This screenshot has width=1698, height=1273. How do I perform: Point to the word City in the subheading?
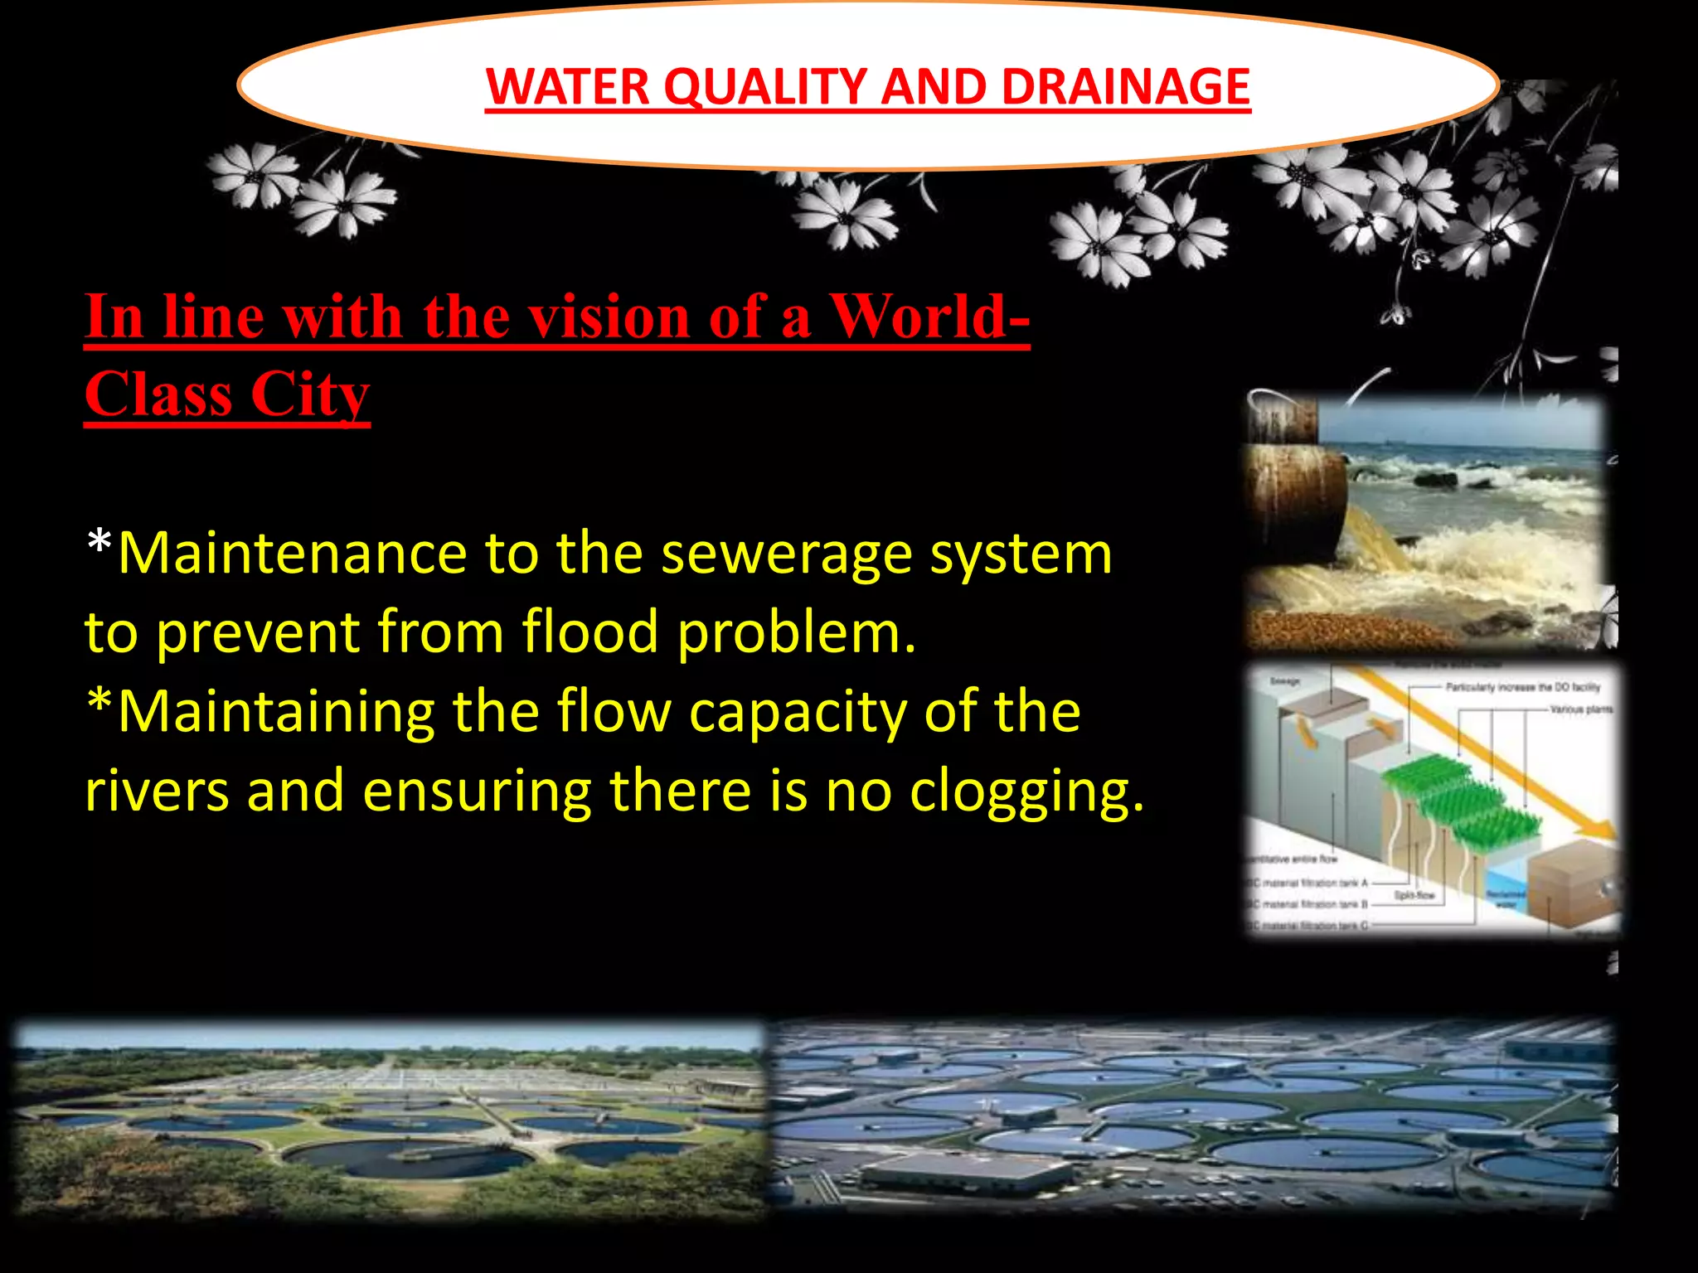(x=309, y=394)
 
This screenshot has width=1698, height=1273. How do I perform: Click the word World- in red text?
(x=929, y=317)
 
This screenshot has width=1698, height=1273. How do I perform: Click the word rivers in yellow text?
(x=157, y=791)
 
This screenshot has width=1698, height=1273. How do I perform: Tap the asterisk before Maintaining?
(x=99, y=704)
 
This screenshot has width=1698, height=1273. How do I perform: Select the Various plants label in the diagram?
(x=1580, y=709)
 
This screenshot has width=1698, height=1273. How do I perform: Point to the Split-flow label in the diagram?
(x=1414, y=895)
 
